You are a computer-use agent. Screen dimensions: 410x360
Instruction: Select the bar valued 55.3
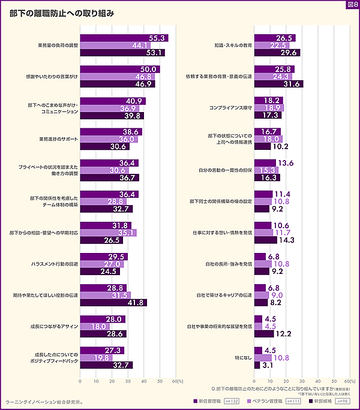pyautogui.click(x=124, y=38)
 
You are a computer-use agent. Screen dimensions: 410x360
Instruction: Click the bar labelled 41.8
pyautogui.click(x=113, y=303)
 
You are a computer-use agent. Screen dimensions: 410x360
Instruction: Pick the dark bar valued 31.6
pyautogui.click(x=279, y=84)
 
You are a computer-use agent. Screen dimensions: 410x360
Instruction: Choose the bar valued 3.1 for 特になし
pyautogui.click(x=257, y=365)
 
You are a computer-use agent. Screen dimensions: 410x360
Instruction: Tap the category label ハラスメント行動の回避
pyautogui.click(x=55, y=264)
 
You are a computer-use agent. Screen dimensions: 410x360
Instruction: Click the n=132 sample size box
pyautogui.click(x=232, y=400)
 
